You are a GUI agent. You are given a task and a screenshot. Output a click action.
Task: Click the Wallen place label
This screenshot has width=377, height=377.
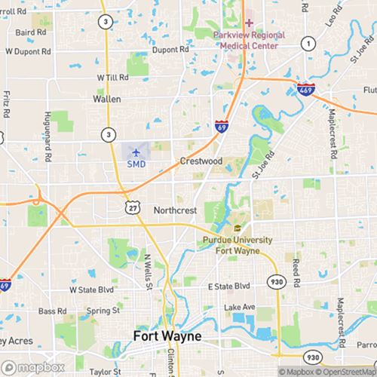[x=106, y=98]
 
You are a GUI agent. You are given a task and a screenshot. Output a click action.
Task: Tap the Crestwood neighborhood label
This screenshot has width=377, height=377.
[x=201, y=161]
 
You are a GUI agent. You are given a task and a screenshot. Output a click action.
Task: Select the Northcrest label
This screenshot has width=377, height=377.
[x=176, y=210]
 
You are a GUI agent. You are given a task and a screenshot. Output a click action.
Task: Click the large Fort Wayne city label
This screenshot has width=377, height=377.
[x=167, y=336]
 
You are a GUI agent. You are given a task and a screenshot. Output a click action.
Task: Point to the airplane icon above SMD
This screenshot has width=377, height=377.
[x=136, y=151]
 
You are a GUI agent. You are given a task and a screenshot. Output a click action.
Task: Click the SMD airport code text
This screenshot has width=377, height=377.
[x=136, y=163]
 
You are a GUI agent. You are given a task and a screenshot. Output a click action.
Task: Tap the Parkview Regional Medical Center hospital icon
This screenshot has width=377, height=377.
[x=249, y=23]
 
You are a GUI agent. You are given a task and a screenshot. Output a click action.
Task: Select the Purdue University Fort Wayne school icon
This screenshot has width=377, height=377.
[x=237, y=228]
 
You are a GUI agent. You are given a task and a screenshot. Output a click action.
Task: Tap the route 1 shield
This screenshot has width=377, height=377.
[x=307, y=44]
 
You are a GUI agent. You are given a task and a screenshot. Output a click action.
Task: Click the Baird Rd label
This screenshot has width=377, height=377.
[x=30, y=32]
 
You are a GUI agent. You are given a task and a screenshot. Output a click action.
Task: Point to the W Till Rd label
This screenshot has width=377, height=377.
[x=113, y=78]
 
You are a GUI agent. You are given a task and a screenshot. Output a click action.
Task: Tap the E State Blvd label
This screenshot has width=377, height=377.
[x=228, y=287]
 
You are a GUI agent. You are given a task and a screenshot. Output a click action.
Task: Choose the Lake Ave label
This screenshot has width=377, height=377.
[x=240, y=307]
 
